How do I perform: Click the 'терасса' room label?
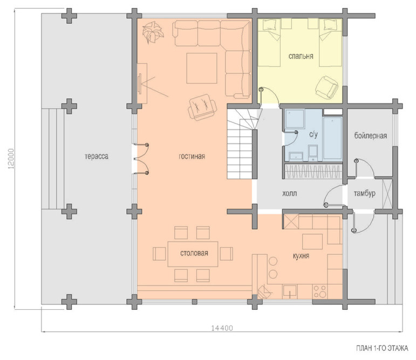96,156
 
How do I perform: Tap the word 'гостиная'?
192,156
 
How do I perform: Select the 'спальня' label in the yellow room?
301,56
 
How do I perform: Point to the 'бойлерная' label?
371,136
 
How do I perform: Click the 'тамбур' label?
365,193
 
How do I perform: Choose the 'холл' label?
289,193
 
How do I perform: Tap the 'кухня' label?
301,256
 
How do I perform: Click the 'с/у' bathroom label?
313,135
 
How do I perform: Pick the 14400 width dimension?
222,328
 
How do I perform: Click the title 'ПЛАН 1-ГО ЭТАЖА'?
383,348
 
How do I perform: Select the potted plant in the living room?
153,32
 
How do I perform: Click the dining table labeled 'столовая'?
193,254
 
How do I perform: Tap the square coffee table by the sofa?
202,68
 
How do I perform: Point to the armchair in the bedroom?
327,87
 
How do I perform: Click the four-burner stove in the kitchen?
320,292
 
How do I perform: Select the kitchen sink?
290,292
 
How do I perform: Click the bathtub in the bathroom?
332,139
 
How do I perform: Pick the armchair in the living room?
202,107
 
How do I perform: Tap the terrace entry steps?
53,158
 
